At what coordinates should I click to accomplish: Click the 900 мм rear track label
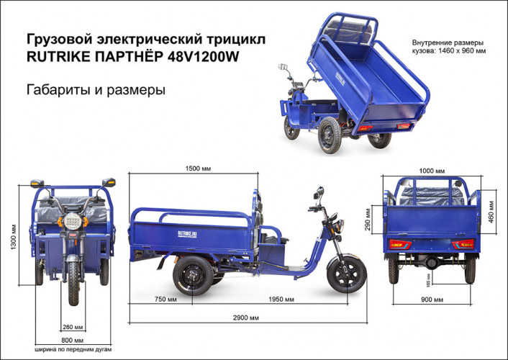click(x=432, y=298)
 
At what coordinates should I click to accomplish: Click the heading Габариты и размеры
click(x=96, y=91)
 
